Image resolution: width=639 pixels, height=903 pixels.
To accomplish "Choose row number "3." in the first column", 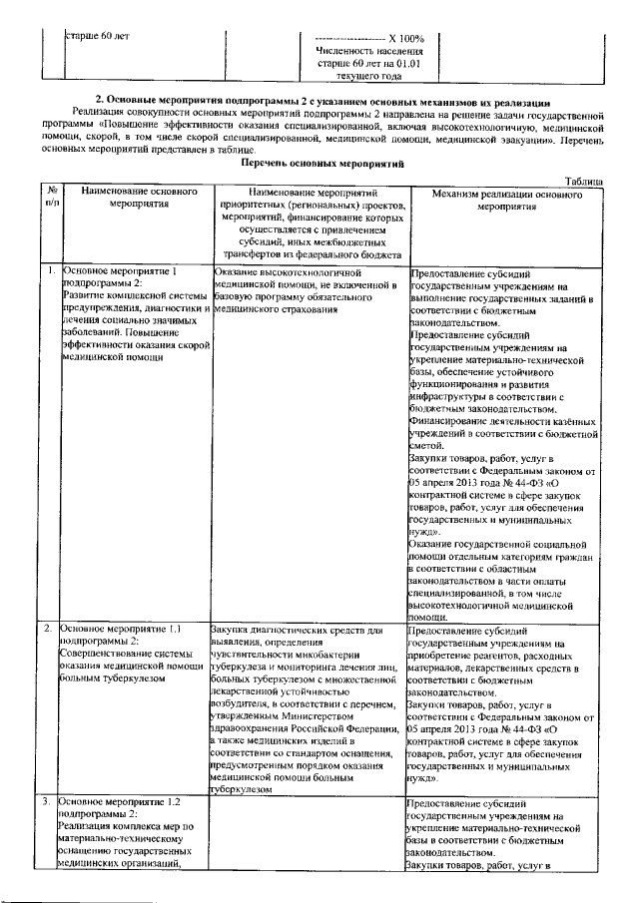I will [48, 801].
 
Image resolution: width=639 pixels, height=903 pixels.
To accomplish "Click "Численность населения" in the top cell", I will [369, 49].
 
